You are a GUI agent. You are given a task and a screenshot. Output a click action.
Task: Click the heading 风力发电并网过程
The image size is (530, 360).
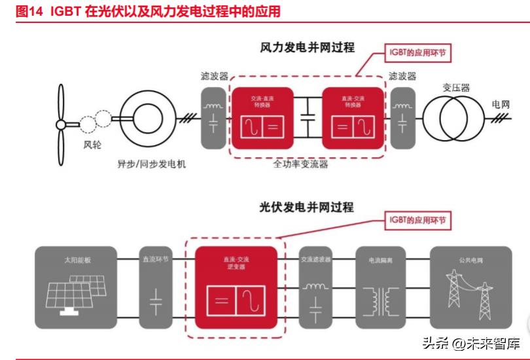coord(307,48)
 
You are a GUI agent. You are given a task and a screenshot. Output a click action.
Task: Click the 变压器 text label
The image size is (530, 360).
coord(455,87)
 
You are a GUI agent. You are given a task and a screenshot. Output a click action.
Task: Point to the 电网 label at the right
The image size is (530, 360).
coord(501,104)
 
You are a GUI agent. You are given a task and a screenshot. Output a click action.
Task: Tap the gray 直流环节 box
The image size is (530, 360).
coord(157,287)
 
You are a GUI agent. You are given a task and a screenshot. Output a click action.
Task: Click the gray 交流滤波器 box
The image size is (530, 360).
coord(316,287)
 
